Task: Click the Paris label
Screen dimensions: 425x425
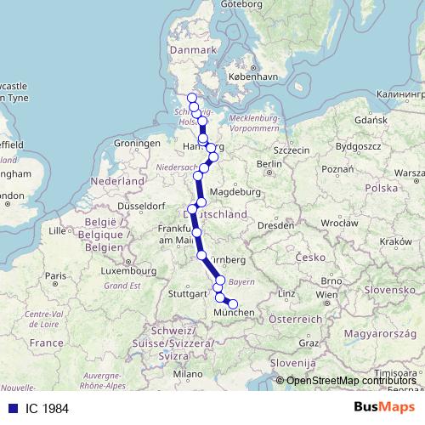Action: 55,276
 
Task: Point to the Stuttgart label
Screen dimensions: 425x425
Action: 188,294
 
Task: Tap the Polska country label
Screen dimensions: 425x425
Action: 383,187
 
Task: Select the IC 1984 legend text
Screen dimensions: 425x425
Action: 46,408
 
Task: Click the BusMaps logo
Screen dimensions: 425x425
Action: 384,407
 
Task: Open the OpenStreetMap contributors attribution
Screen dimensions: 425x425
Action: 353,381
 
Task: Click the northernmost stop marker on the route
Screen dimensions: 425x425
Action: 192,98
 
